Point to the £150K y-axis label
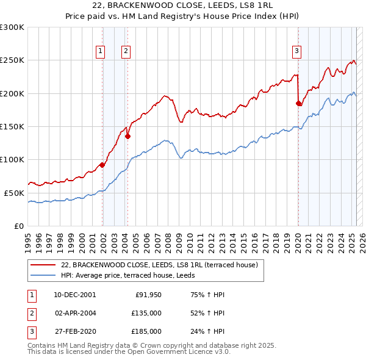point(12,127)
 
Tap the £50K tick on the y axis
point(15,193)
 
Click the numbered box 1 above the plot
point(100,51)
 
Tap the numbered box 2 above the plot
point(126,51)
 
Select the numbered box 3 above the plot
point(296,51)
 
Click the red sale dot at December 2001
point(102,165)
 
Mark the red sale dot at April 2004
point(127,137)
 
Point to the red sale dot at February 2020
point(299,104)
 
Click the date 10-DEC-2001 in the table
point(75,295)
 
